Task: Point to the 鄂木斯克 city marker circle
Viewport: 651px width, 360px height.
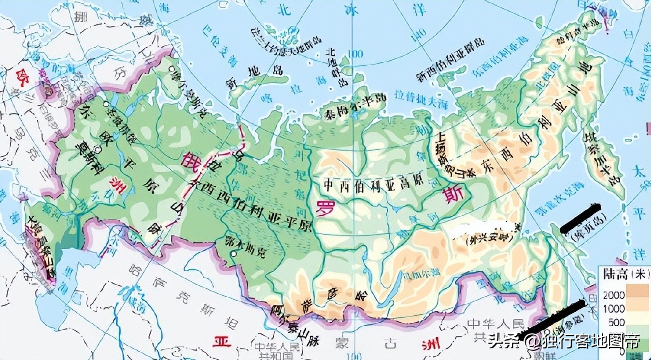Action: coord(234,254)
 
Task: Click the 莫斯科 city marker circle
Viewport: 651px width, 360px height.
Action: coord(98,150)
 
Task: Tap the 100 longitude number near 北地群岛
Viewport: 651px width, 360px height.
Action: coord(356,54)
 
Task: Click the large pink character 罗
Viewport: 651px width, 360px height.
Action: coord(323,208)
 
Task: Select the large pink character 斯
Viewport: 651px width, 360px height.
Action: coord(453,195)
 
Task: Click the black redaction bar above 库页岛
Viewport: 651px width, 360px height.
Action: coord(582,218)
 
